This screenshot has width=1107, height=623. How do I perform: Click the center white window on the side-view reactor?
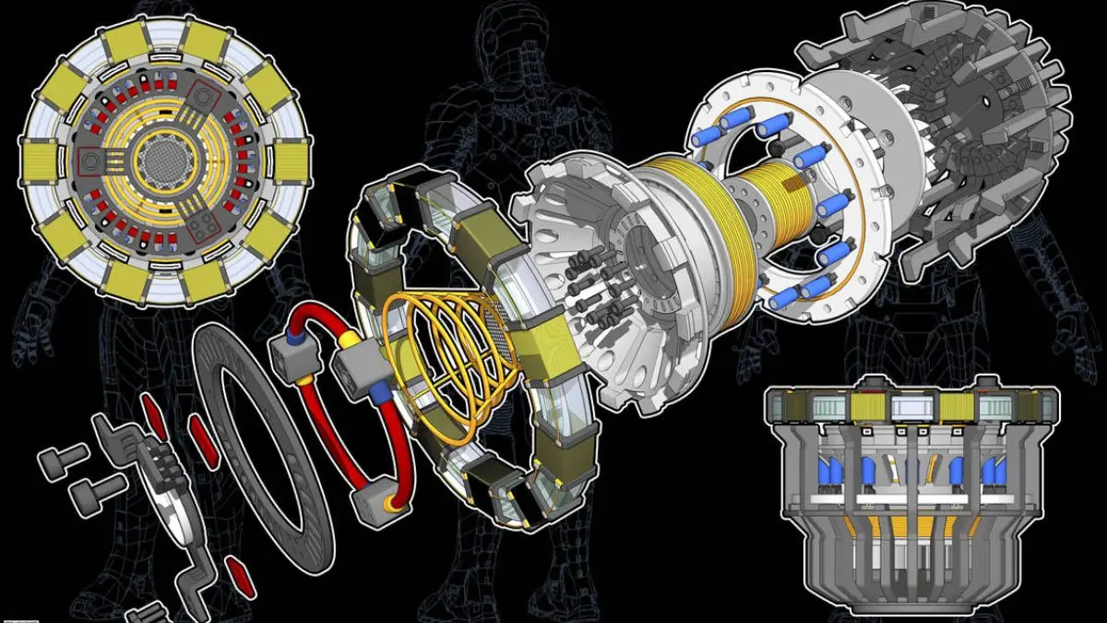click(x=910, y=405)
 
